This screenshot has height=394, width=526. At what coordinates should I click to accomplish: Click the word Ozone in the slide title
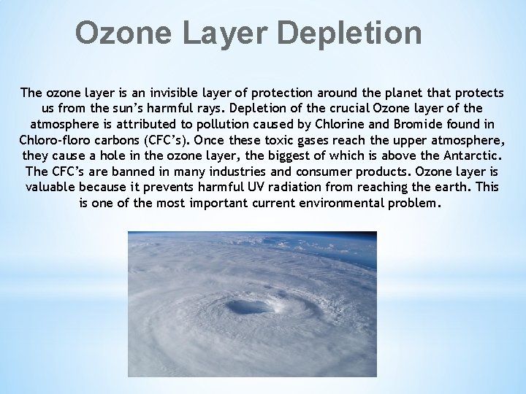[120, 33]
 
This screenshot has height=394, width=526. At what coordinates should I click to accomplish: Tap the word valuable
[50, 187]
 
